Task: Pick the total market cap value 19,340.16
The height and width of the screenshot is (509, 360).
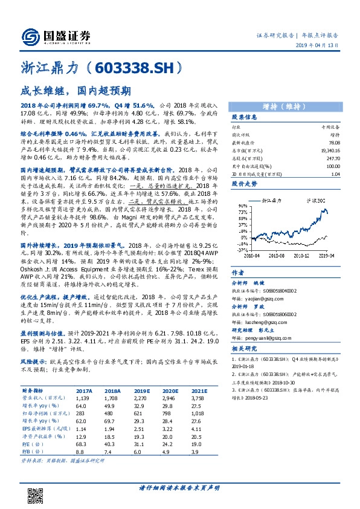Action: pyautogui.click(x=326, y=149)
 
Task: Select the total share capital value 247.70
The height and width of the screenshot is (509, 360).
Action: pyautogui.click(x=329, y=157)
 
